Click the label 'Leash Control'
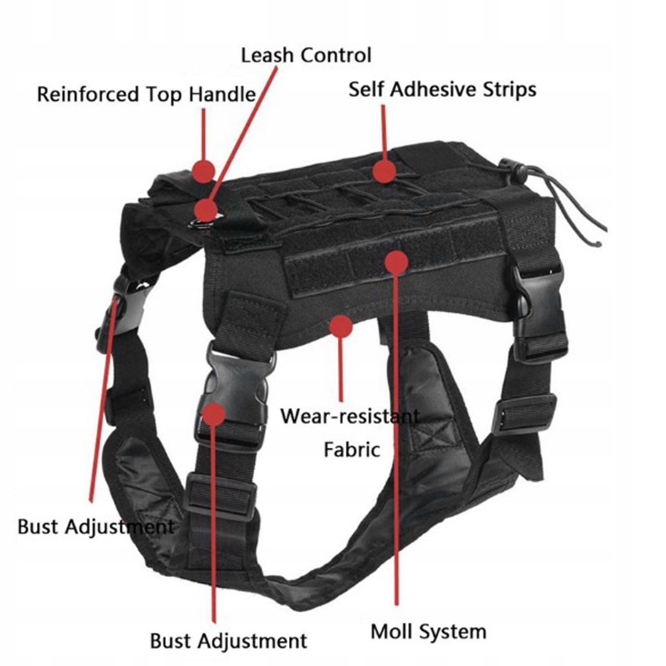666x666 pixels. click(x=306, y=55)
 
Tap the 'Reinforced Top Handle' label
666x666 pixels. click(x=146, y=94)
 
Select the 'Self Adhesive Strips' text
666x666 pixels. click(x=442, y=89)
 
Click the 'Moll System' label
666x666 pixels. click(x=428, y=631)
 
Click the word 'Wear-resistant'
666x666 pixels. click(x=350, y=416)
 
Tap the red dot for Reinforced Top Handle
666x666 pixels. click(x=203, y=171)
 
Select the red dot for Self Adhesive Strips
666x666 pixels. click(x=384, y=171)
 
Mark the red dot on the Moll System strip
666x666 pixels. click(x=396, y=262)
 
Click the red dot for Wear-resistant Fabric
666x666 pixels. click(x=341, y=327)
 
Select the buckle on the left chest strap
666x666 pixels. click(x=121, y=308)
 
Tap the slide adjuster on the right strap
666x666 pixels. click(x=524, y=414)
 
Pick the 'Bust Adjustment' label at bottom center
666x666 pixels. click(x=228, y=641)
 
